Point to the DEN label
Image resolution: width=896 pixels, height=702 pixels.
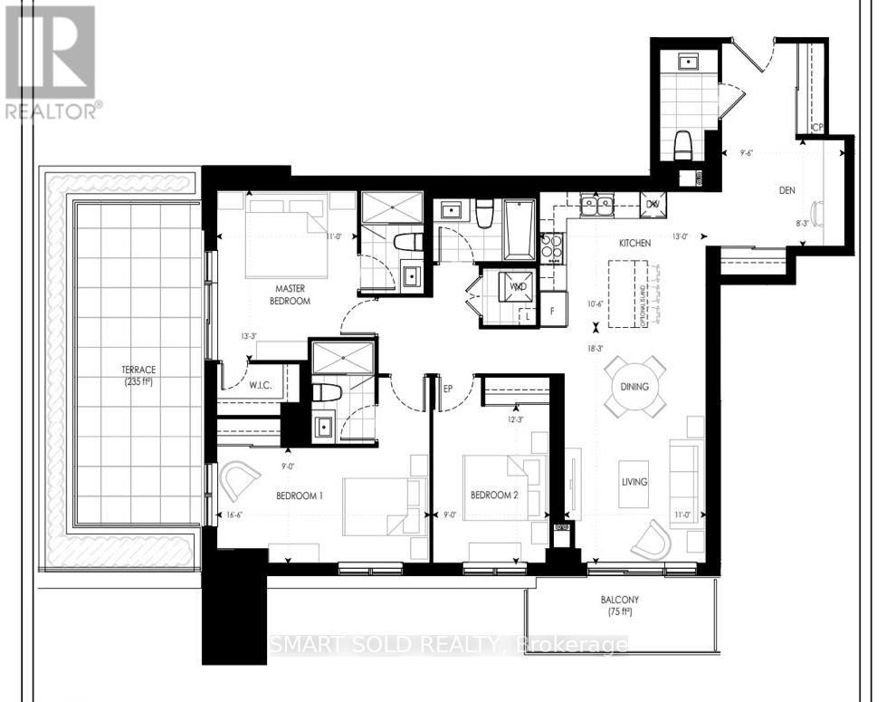click(x=786, y=191)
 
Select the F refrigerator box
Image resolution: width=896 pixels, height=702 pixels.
click(x=552, y=310)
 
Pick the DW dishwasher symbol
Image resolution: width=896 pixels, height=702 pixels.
click(x=652, y=204)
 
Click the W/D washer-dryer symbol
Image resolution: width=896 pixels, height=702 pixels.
click(x=518, y=286)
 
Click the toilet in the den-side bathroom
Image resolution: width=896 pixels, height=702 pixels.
click(x=685, y=145)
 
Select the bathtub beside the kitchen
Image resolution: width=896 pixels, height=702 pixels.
click(x=519, y=228)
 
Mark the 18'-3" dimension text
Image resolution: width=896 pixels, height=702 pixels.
click(x=596, y=346)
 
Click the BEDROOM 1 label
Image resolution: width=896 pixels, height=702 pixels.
click(x=300, y=495)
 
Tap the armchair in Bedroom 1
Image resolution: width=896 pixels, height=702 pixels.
click(x=240, y=480)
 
